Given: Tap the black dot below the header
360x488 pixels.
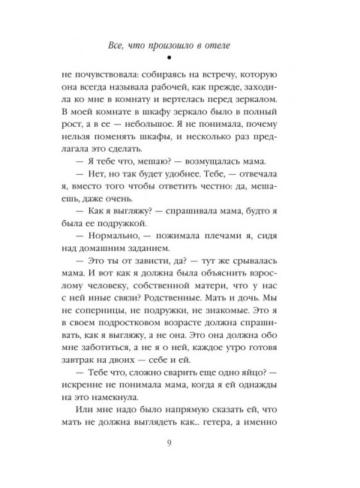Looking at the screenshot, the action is tap(180, 59).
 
